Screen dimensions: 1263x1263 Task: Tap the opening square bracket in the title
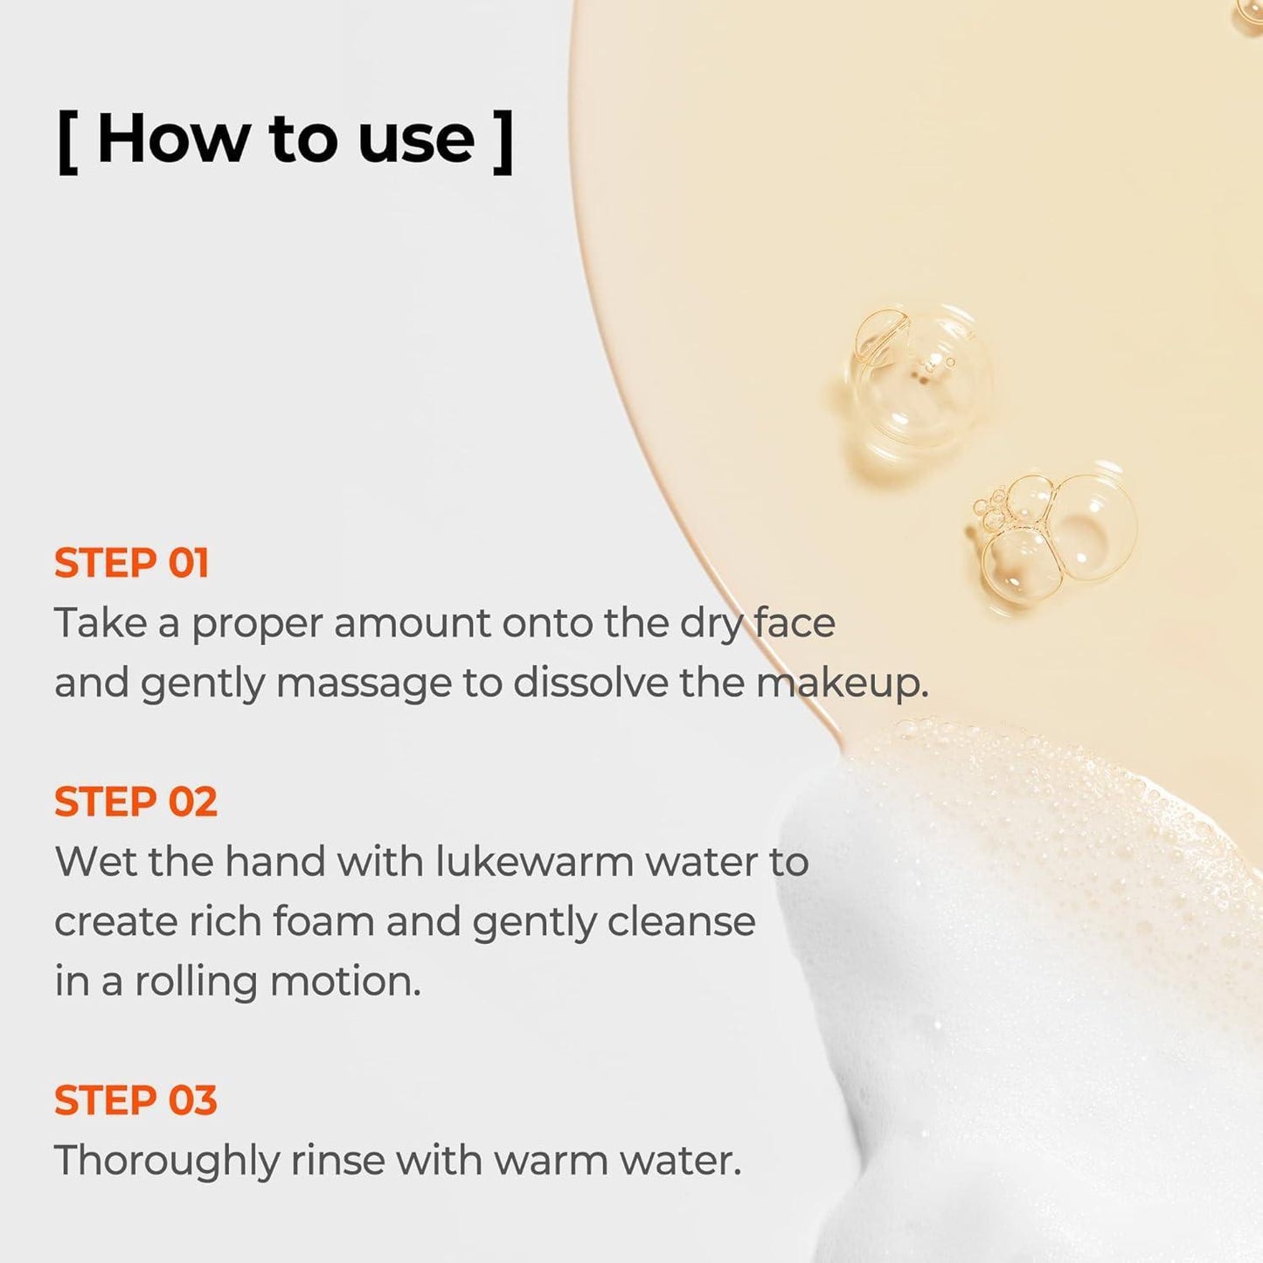(x=67, y=142)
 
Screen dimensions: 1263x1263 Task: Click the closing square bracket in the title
(x=503, y=142)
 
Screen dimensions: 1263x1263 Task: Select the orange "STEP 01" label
(x=131, y=563)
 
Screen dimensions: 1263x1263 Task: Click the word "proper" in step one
(x=256, y=625)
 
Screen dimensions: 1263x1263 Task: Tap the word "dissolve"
(x=591, y=682)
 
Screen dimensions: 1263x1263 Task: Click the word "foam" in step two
(x=323, y=921)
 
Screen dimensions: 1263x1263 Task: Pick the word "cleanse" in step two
(x=681, y=921)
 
